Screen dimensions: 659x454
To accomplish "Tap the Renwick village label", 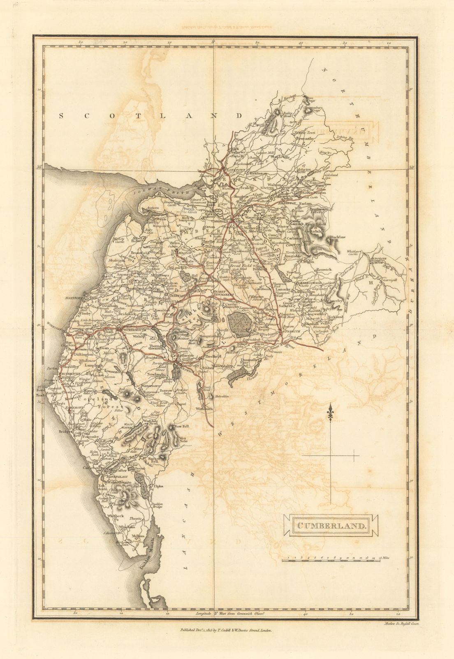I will coord(324,269).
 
